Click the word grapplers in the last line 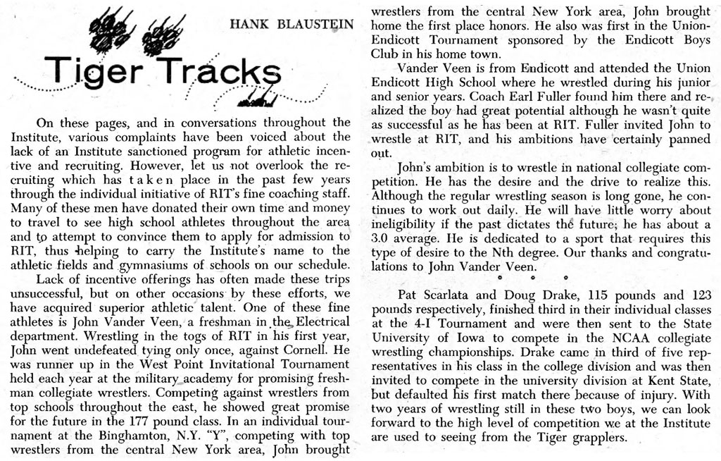point(598,436)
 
